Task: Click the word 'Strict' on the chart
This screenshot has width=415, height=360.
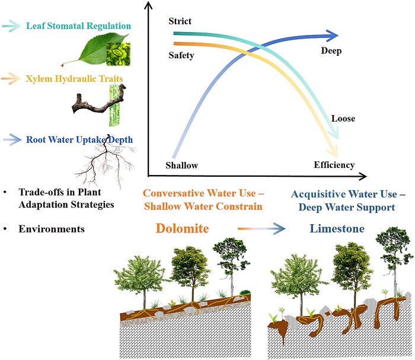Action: pos(180,22)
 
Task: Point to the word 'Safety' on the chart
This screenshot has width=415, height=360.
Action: pos(181,56)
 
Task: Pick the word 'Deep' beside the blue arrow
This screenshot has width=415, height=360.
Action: pos(331,51)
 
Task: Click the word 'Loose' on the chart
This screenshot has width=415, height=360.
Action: pos(343,119)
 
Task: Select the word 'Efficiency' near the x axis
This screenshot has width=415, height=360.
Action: pos(334,165)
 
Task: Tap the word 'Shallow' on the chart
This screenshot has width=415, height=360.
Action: pos(181,165)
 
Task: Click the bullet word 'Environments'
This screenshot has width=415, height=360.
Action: pos(50,228)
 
